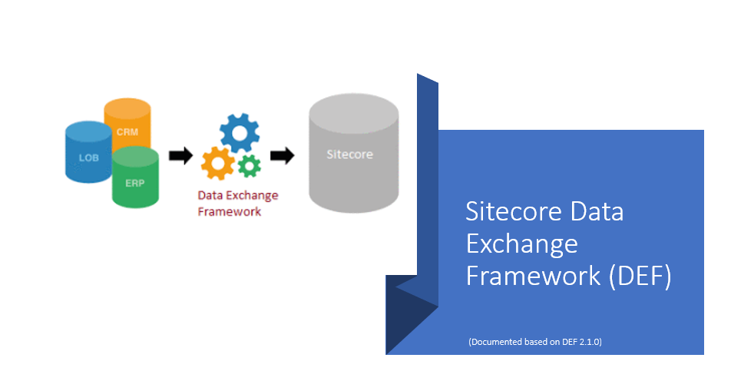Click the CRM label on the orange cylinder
(x=127, y=132)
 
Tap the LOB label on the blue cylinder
(x=88, y=157)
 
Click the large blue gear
(x=240, y=133)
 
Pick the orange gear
(x=217, y=164)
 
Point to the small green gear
(x=249, y=164)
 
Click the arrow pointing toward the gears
(x=180, y=156)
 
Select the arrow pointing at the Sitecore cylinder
(x=283, y=156)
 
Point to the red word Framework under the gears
(x=229, y=211)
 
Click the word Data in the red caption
(x=211, y=195)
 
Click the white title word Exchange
(x=521, y=244)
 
